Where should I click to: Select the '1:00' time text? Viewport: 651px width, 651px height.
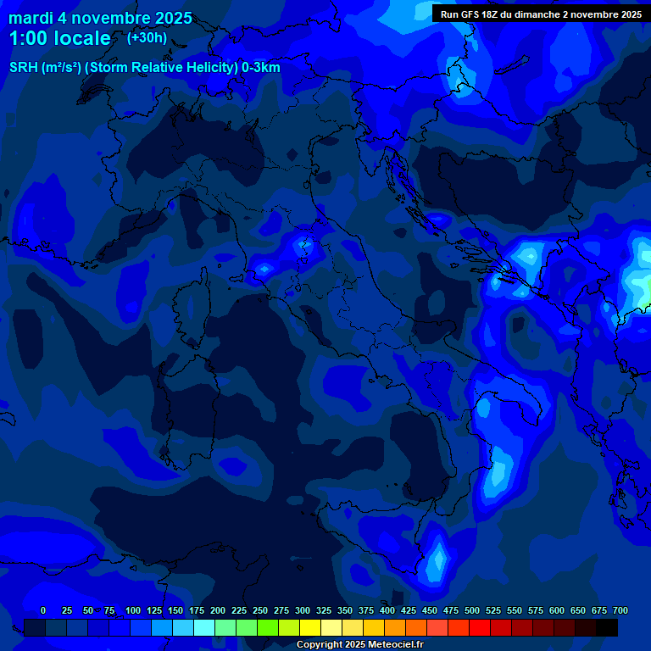(x=26, y=38)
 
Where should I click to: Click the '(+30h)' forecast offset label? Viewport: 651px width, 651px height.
(x=147, y=38)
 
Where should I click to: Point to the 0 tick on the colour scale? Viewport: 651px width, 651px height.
(x=43, y=610)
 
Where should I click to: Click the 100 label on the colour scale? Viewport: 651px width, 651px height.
(x=133, y=610)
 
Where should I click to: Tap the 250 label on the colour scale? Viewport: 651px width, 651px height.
(x=260, y=610)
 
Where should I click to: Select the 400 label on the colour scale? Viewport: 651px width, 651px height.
(x=387, y=610)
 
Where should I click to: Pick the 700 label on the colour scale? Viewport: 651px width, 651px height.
(x=620, y=610)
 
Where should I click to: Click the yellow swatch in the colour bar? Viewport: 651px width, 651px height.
(x=310, y=627)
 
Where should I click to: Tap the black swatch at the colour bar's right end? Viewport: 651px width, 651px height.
(x=607, y=627)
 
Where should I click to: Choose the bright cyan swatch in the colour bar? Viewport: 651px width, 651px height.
(x=204, y=627)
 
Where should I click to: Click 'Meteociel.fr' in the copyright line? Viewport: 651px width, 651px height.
(x=396, y=645)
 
